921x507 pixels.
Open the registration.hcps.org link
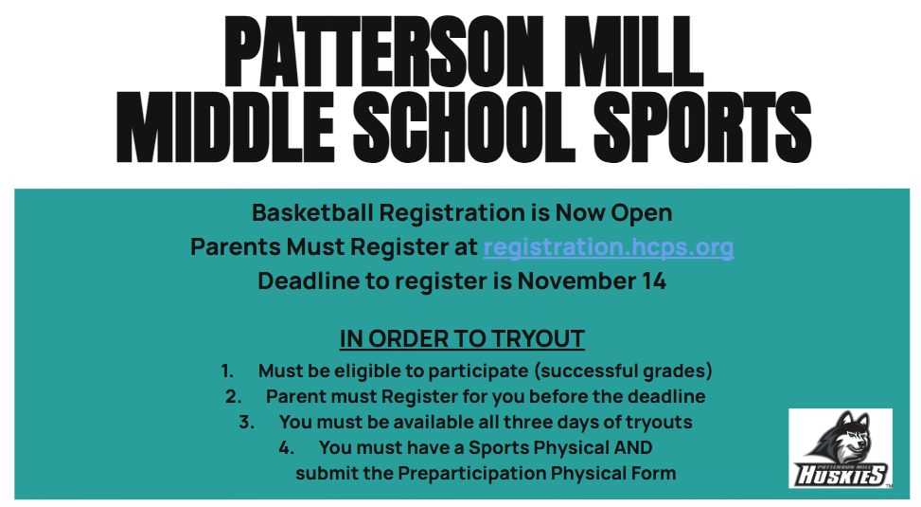[x=608, y=247]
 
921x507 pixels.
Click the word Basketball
[x=311, y=212]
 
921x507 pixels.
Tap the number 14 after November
[x=653, y=281]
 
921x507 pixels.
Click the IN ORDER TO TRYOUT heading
[x=462, y=339]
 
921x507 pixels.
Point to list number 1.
[x=227, y=371]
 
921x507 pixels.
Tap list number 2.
[x=234, y=396]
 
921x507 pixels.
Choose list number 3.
[x=247, y=422]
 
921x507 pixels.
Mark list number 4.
[x=287, y=447]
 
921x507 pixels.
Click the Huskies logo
[x=840, y=448]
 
